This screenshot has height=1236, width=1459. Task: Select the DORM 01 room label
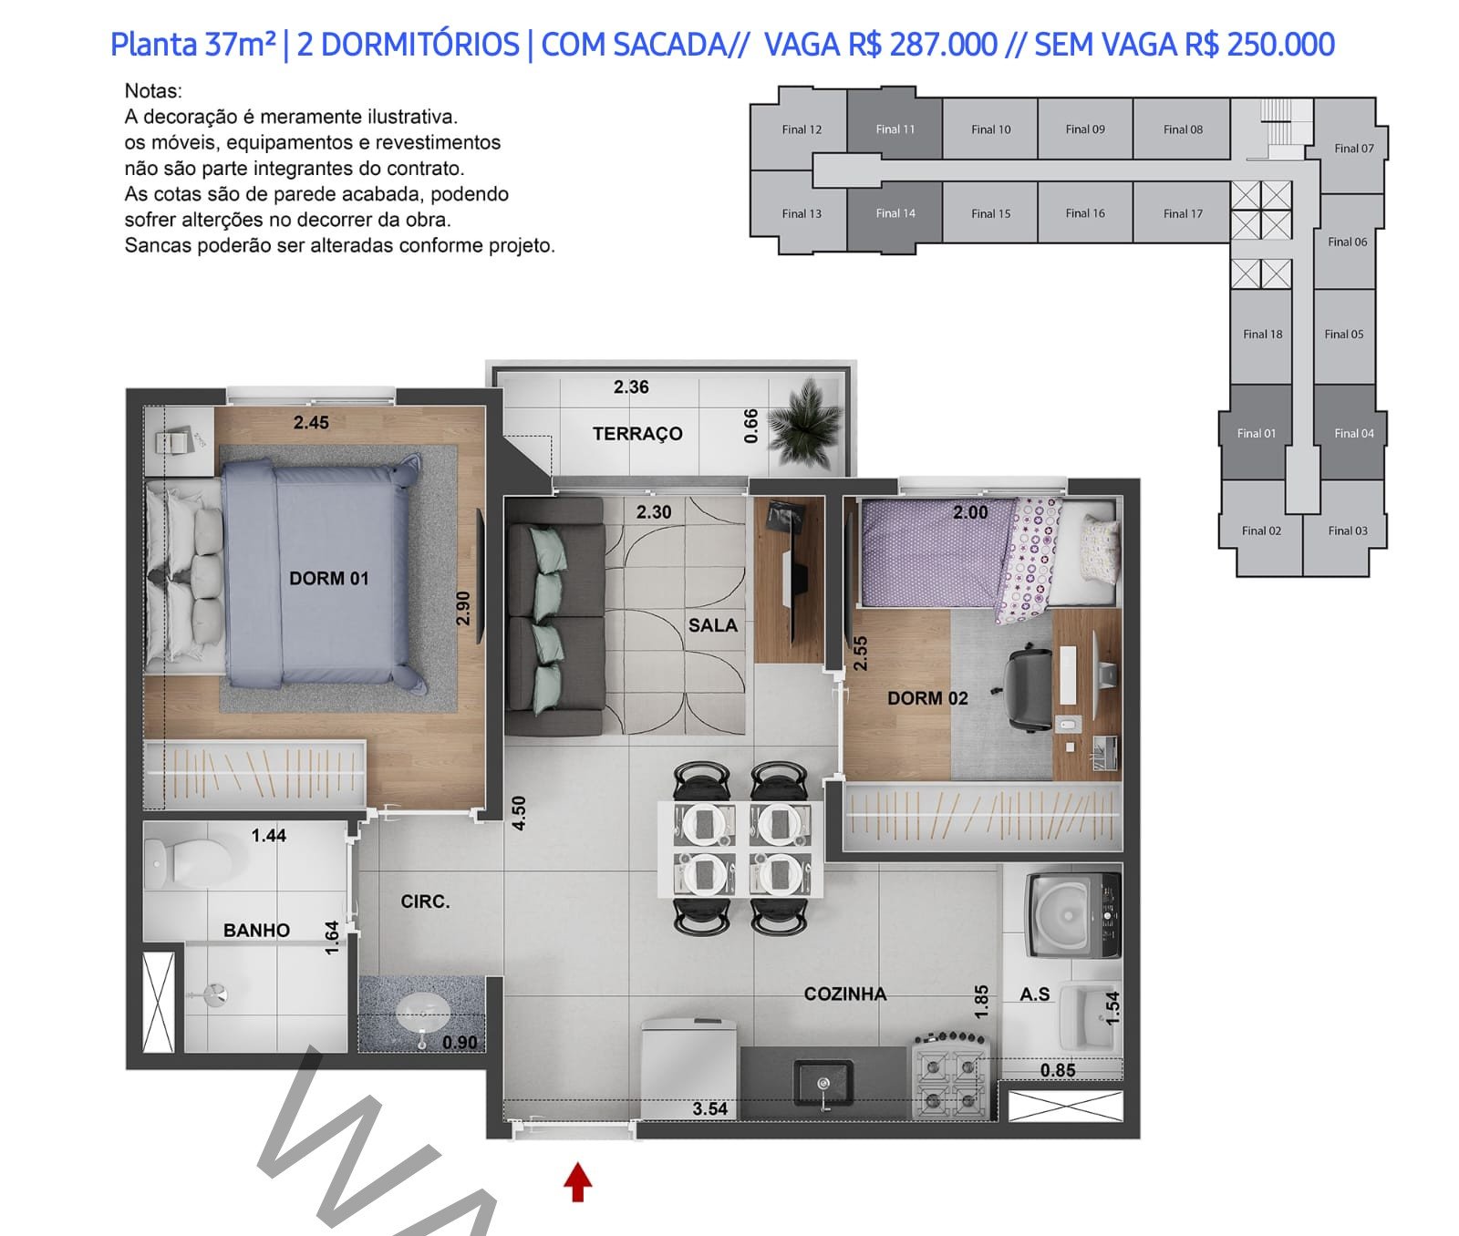coord(329,578)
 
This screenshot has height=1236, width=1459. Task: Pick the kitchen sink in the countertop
coord(823,1086)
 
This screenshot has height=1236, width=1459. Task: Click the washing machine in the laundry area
coord(1073,914)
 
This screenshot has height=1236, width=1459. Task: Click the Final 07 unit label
coord(1354,148)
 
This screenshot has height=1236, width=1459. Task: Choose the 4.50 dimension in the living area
coord(519,813)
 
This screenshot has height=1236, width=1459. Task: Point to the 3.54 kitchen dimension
coord(710,1108)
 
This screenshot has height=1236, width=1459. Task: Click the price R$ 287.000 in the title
coord(922,44)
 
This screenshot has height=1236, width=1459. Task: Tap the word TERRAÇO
coord(637,434)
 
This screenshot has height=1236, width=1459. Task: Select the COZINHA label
coord(845,994)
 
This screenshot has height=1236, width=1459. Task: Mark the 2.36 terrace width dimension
coord(631,387)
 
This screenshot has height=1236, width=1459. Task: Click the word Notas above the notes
coord(153,91)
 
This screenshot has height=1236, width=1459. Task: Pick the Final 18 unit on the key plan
coord(1261,335)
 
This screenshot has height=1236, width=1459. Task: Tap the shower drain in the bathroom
coord(215,995)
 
